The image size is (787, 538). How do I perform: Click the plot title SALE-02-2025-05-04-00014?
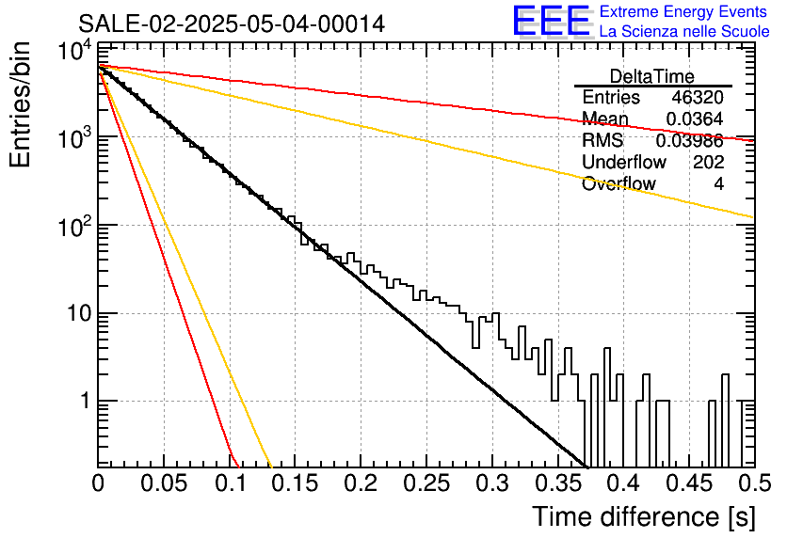[x=232, y=24]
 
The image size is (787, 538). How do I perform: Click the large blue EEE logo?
[x=552, y=21]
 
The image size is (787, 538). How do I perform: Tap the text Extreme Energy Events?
[x=683, y=11]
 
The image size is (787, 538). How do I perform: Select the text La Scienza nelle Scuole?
[x=684, y=32]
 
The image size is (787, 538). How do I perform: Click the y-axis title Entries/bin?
[x=20, y=104]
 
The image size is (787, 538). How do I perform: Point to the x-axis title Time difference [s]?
[x=644, y=517]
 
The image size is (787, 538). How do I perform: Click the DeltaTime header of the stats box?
[x=652, y=76]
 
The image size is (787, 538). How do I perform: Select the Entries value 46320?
[x=698, y=97]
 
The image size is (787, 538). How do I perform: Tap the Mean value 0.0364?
[x=695, y=119]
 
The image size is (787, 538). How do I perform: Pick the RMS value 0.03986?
[x=690, y=140]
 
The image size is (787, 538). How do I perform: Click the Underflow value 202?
[x=709, y=162]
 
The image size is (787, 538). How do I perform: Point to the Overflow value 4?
[x=718, y=184]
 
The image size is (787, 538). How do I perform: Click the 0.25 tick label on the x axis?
[x=426, y=483]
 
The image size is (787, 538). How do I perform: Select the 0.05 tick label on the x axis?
[x=164, y=483]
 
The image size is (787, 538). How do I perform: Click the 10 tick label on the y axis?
[x=80, y=313]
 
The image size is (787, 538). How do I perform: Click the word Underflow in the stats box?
[x=624, y=162]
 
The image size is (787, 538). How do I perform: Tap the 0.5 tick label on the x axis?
[x=754, y=483]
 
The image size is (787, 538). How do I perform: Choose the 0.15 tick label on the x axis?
[x=296, y=483]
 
